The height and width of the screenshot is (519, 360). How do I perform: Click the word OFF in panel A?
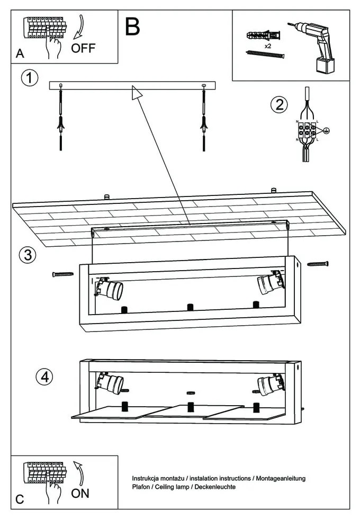83,49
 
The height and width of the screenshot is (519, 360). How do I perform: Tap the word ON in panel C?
80,494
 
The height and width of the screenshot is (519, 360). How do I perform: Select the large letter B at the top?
132,26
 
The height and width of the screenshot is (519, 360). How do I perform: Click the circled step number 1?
30,78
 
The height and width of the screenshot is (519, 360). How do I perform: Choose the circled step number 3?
28,255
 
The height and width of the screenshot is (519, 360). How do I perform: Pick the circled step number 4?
44,377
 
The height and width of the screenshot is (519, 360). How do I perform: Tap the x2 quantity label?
268,47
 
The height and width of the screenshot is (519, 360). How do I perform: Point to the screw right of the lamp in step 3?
318,263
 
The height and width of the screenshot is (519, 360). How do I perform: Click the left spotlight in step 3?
109,288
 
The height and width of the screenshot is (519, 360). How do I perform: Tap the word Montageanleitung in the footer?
280,478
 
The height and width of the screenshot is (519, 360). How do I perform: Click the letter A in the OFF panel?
20,53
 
